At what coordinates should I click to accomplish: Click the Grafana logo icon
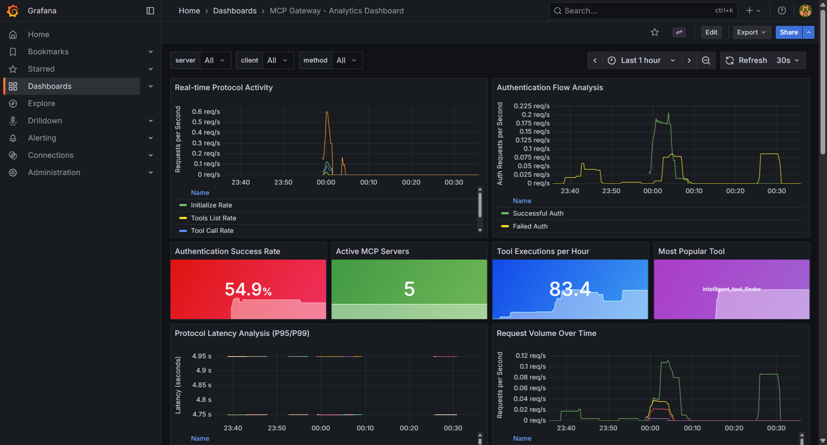(13, 11)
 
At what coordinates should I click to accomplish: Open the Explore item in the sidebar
(41, 103)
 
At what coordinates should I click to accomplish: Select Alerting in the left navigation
(42, 138)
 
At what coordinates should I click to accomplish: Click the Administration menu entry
(54, 172)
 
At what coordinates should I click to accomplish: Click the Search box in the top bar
(637, 11)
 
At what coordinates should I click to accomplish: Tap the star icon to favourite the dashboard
(655, 32)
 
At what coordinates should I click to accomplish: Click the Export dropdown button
(751, 32)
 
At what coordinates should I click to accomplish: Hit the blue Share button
(788, 32)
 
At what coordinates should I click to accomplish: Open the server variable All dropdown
(215, 60)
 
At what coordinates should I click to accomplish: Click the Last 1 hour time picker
(641, 60)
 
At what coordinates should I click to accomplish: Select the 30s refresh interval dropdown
(788, 60)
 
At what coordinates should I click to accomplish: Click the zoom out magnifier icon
(706, 60)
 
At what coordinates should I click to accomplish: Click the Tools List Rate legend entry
(213, 218)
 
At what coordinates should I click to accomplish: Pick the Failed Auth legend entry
(530, 226)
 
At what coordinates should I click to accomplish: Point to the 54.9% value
(248, 289)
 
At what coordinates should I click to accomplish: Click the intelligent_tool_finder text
(731, 289)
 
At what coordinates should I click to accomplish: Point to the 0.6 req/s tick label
(206, 112)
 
